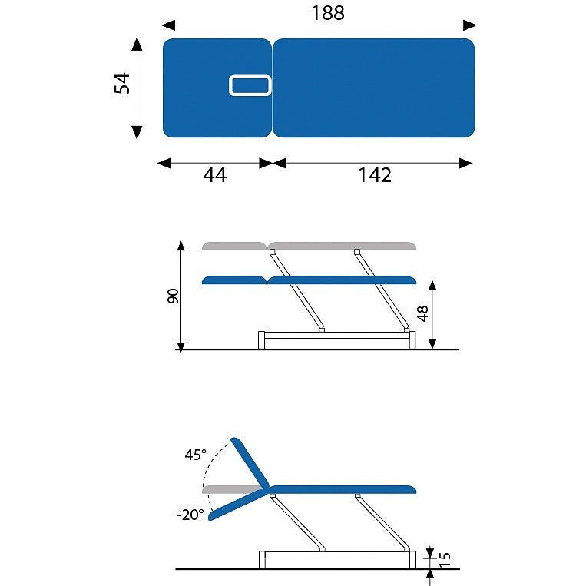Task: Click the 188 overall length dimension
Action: [328, 12]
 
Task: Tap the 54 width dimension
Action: [122, 83]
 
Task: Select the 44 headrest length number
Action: [214, 174]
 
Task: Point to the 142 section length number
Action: [375, 174]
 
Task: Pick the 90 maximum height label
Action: [173, 296]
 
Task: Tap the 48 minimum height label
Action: [422, 313]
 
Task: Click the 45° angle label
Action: [195, 455]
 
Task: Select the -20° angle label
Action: [190, 515]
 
